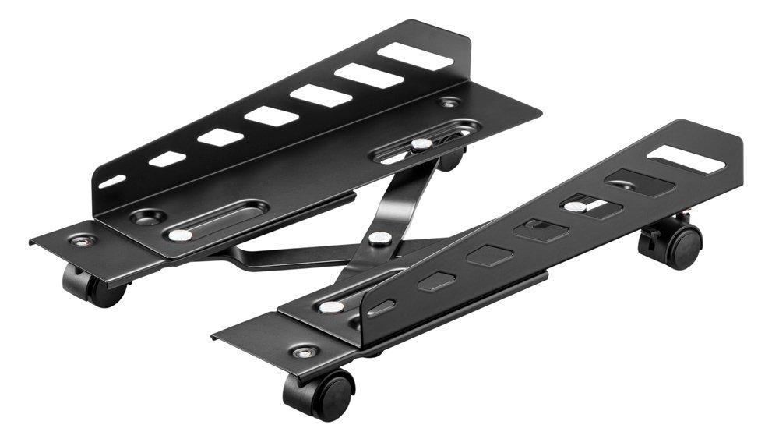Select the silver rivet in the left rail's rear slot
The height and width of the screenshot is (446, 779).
pyautogui.click(x=421, y=144)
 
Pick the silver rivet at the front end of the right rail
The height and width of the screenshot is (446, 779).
pyautogui.click(x=330, y=307)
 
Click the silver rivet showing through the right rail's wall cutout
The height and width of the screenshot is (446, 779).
pyautogui.click(x=575, y=207)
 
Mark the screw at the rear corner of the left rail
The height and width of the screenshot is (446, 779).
pyautogui.click(x=449, y=102)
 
